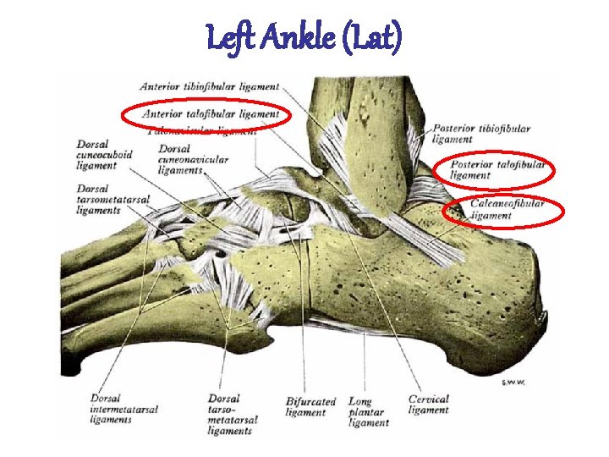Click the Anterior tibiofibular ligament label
pos(209,86)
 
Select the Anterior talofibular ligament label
pos(211,113)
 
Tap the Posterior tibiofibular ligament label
pos(481,134)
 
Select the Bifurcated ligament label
pos(310,407)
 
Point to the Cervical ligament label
pos(429,405)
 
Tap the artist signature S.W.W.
pos(513,383)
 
